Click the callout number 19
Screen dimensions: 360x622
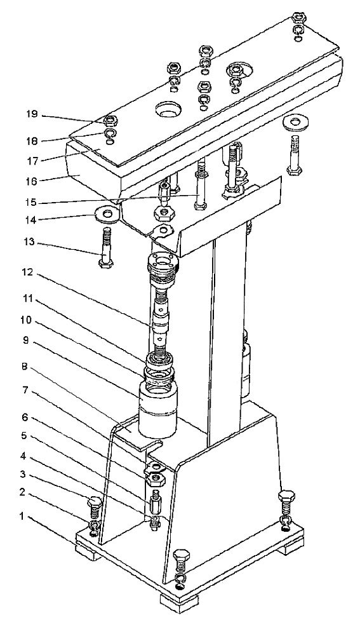32,114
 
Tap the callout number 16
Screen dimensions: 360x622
32,181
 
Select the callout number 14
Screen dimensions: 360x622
32,219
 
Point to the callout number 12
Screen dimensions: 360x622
32,273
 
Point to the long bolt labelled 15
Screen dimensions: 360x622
201,184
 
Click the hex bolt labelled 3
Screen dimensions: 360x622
95,508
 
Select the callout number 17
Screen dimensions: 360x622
32,162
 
